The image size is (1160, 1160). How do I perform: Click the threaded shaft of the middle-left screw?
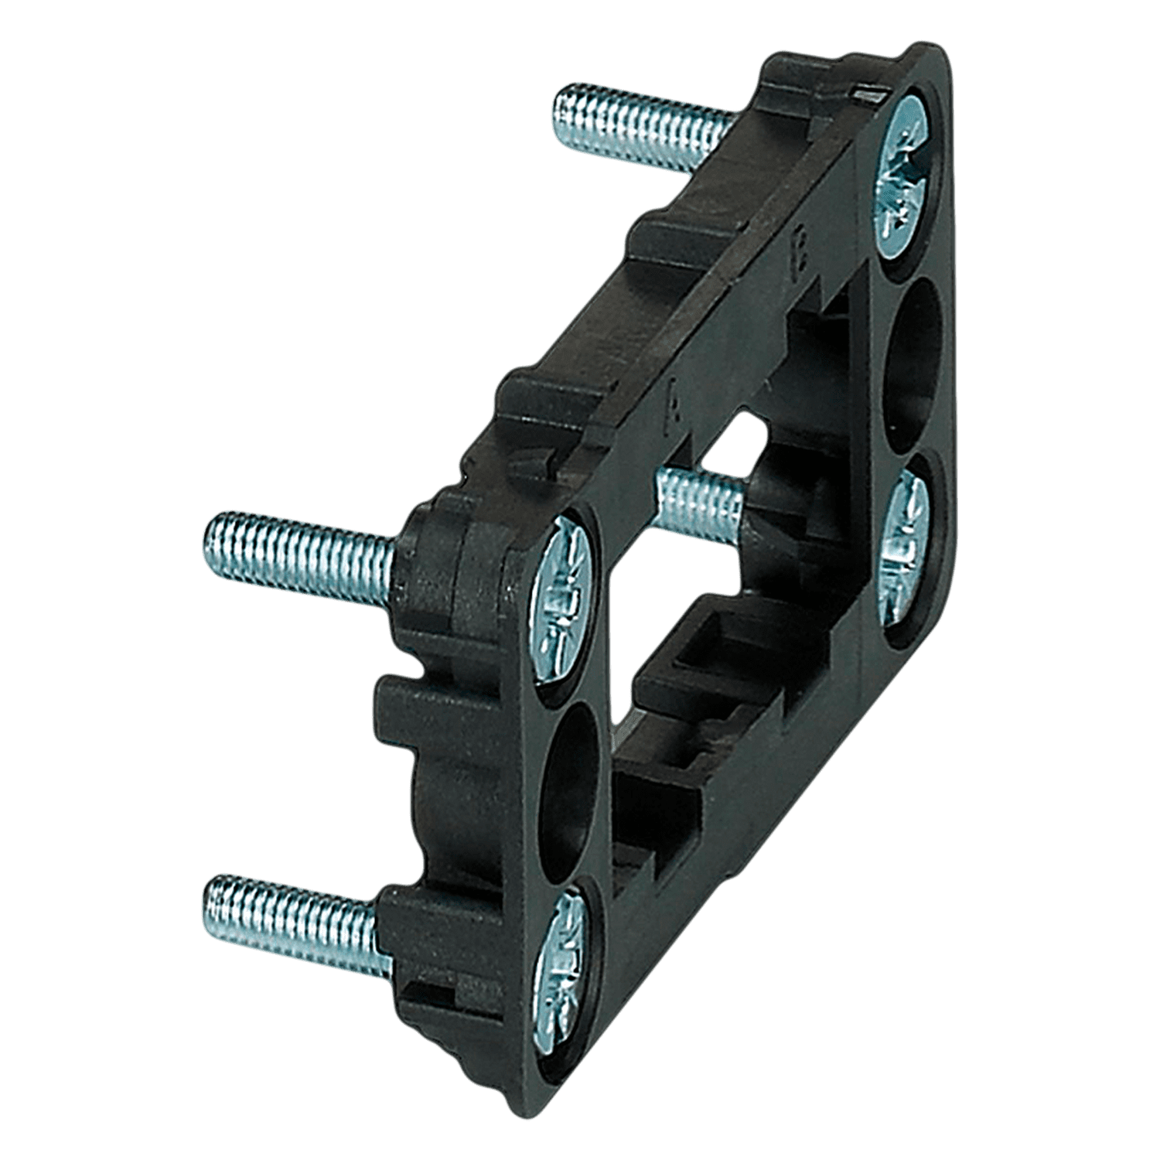(302, 551)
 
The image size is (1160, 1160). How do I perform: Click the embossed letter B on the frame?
(797, 259)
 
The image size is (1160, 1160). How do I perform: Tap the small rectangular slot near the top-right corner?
(868, 95)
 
